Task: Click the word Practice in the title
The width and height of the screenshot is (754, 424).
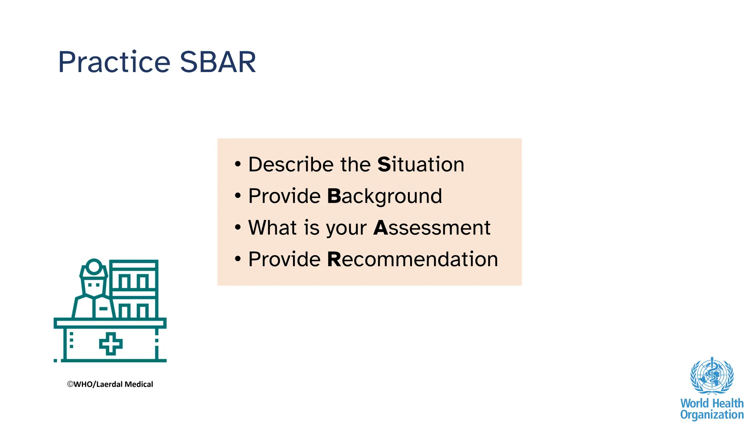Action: click(x=114, y=62)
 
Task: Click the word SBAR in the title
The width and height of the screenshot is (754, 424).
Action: click(x=218, y=62)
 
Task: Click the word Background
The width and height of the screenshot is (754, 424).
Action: click(x=384, y=196)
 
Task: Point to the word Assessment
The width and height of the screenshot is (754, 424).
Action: click(x=432, y=228)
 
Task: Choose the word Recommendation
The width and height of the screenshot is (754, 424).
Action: click(x=412, y=259)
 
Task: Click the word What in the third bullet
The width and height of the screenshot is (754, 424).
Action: click(x=273, y=228)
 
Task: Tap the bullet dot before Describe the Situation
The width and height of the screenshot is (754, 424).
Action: click(x=238, y=164)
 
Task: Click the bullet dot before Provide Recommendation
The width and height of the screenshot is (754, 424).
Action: click(x=238, y=259)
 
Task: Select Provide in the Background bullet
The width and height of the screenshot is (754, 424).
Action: click(x=284, y=196)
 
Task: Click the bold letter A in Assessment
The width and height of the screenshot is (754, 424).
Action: click(x=381, y=228)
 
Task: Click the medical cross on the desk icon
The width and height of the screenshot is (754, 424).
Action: click(x=111, y=344)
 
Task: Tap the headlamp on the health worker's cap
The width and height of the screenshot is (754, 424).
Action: click(x=94, y=266)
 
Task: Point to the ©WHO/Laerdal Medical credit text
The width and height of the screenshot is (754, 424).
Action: click(x=110, y=384)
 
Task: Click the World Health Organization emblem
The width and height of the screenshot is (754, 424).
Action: click(x=712, y=376)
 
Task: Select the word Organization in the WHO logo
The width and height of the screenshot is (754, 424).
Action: click(x=712, y=415)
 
